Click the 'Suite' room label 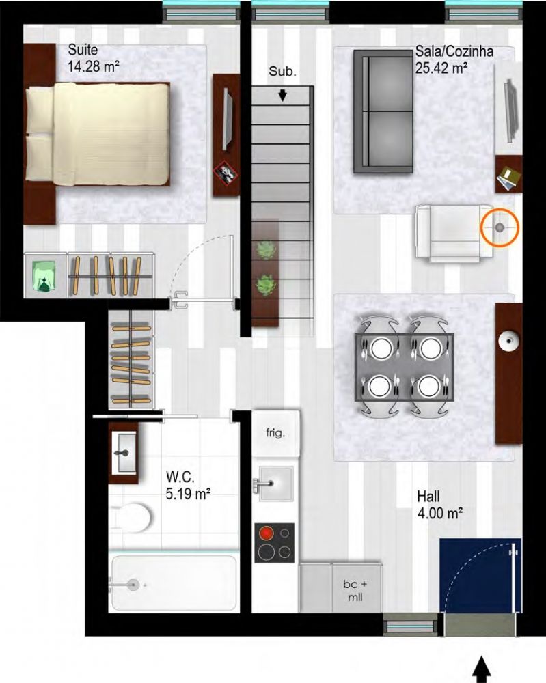click(x=83, y=50)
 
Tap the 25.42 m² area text click(x=442, y=68)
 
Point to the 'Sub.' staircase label click(x=282, y=72)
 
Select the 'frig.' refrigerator click(x=276, y=434)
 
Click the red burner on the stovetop click(x=266, y=533)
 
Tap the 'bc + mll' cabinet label click(x=355, y=590)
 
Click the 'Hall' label click(x=428, y=497)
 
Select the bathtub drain click(x=133, y=585)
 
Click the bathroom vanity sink click(x=124, y=453)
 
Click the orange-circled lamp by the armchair click(x=500, y=227)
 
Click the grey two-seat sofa click(x=383, y=111)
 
